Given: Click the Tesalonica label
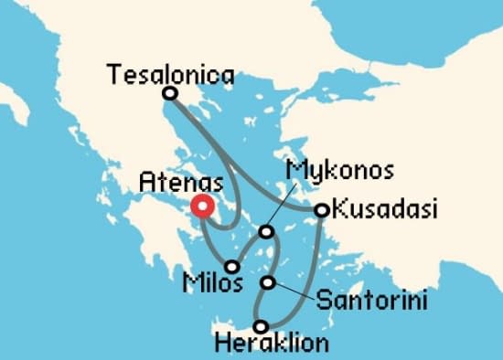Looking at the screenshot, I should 169,74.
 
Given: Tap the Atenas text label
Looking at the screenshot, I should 181,182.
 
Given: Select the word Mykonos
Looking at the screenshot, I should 339,171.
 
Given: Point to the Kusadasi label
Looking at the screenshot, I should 383,211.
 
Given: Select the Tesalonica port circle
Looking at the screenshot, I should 169,93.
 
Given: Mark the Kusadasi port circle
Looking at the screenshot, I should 321,210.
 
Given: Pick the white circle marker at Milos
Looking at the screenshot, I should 232,267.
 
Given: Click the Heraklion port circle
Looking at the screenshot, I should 262,326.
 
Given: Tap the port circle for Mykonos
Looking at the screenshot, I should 266,232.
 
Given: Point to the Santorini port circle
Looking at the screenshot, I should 268,282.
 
